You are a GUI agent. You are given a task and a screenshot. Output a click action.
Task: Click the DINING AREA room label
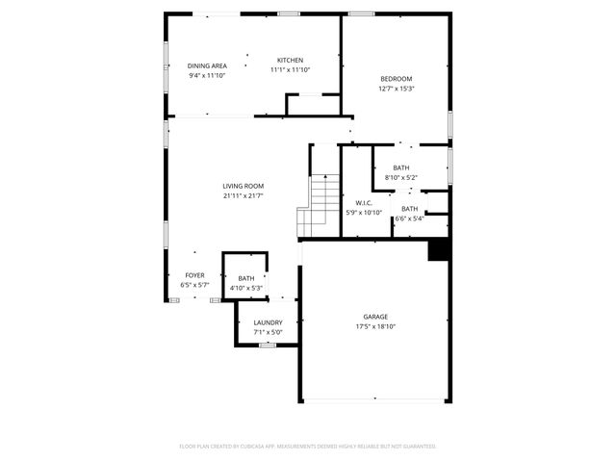(x=207, y=65)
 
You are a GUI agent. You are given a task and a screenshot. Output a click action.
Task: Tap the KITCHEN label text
(x=290, y=60)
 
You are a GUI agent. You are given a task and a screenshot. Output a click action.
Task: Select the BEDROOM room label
(x=396, y=79)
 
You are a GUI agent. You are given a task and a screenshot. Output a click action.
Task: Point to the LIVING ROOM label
(x=243, y=186)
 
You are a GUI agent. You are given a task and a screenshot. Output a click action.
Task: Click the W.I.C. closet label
(x=364, y=203)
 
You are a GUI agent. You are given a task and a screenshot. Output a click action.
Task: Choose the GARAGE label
(x=375, y=317)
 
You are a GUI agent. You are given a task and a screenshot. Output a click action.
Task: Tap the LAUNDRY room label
(x=268, y=322)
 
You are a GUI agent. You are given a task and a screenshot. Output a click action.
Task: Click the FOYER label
(x=194, y=275)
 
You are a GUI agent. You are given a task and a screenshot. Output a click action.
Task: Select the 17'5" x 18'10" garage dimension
(x=375, y=326)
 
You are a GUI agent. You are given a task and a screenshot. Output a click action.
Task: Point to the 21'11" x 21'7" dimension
(x=243, y=195)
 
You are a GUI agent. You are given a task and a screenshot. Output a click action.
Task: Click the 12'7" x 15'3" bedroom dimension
(x=396, y=89)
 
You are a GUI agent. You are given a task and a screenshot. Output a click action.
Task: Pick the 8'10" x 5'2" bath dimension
(x=400, y=177)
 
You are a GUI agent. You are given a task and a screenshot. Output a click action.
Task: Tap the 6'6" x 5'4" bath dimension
(x=410, y=218)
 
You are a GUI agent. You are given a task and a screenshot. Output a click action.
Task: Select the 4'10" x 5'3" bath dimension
(x=246, y=289)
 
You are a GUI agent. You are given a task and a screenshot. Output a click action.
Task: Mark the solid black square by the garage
(x=440, y=249)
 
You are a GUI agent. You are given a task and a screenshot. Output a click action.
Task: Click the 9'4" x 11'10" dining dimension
(x=207, y=75)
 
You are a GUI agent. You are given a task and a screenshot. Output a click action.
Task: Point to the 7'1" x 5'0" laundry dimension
(x=268, y=332)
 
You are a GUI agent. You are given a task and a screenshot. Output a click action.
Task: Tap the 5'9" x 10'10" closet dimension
(x=364, y=213)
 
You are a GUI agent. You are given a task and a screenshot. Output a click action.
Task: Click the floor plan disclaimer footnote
(x=308, y=447)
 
